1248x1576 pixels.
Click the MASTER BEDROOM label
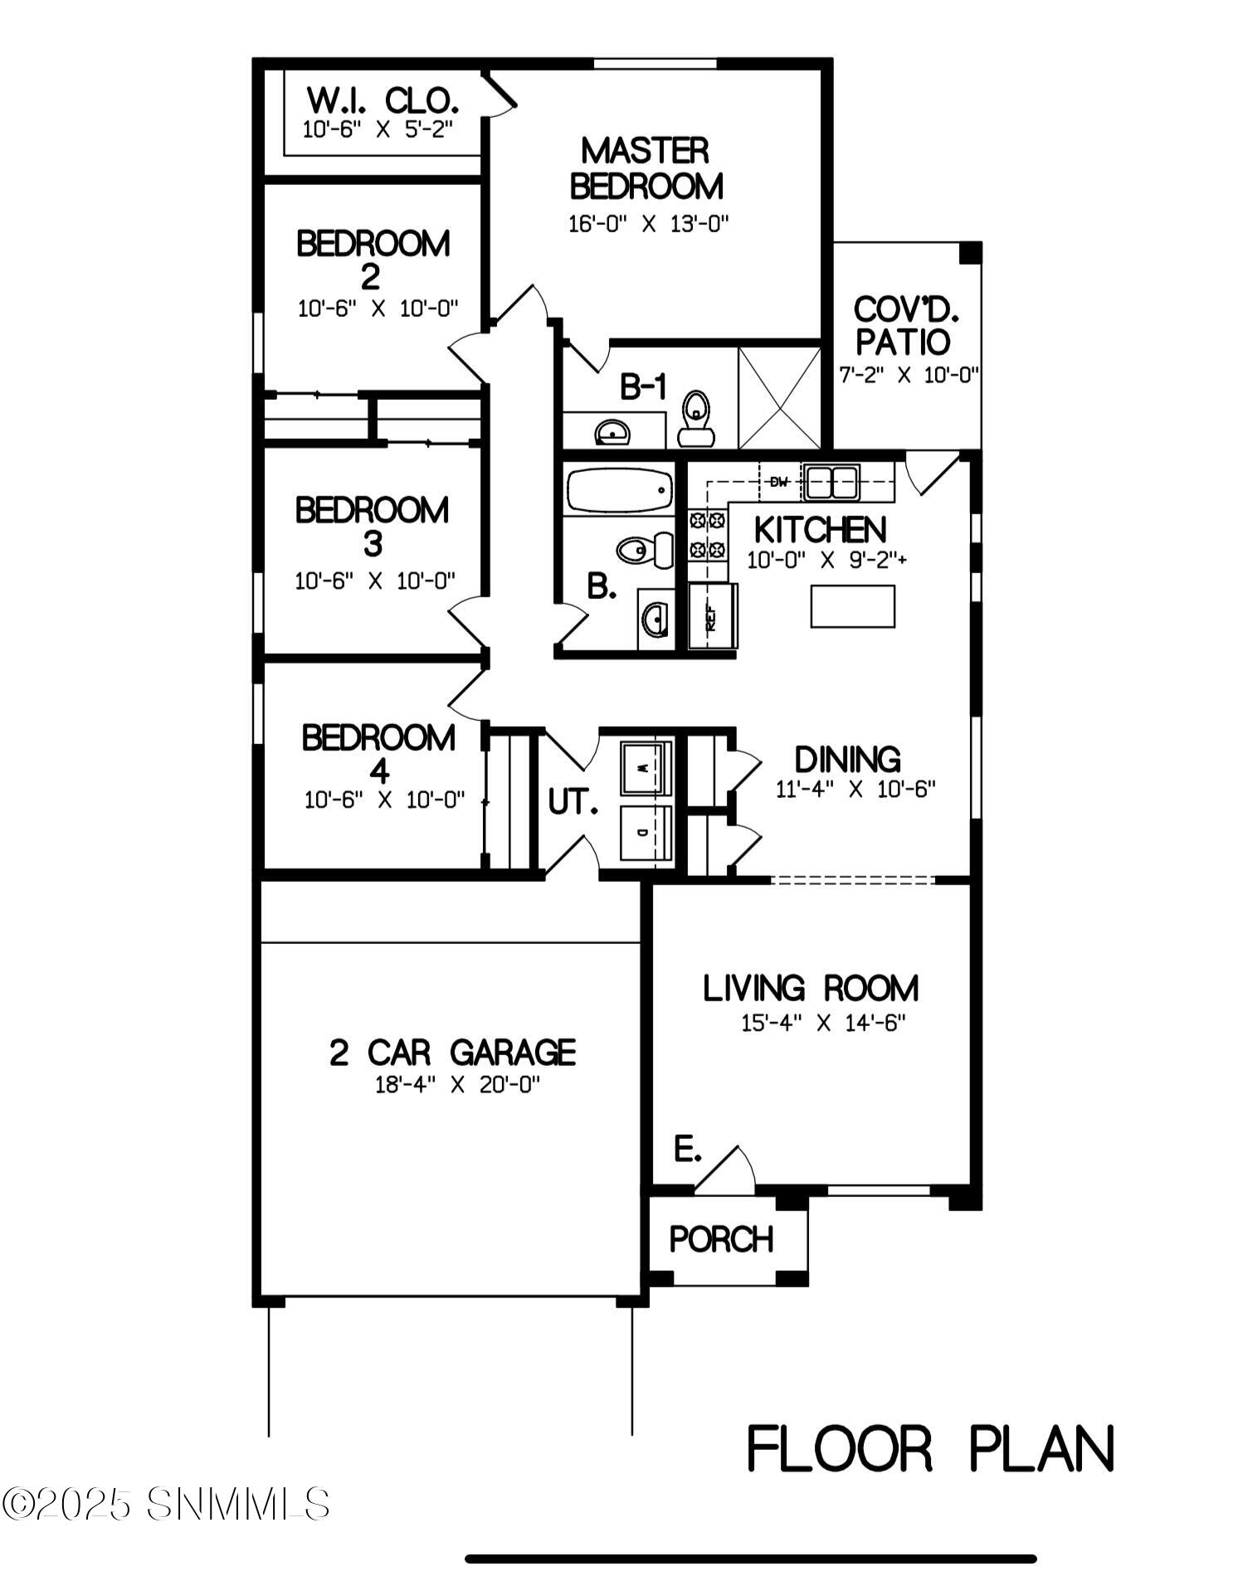coord(646,168)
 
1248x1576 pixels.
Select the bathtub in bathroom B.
coord(619,490)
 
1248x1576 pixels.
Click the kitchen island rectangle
coord(853,606)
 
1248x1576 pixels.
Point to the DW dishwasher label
coord(778,482)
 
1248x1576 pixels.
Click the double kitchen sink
coord(831,483)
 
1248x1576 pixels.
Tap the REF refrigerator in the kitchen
coord(713,615)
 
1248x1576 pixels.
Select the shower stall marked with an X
coord(779,398)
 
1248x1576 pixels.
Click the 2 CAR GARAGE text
coord(453,1053)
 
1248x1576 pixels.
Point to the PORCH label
coord(721,1239)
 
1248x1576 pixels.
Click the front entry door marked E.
coord(724,1171)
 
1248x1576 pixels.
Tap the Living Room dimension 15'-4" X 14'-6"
coord(823,1023)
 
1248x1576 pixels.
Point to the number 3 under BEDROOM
coord(373,545)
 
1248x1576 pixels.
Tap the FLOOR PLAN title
coord(930,1449)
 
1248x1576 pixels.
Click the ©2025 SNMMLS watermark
coord(166,1504)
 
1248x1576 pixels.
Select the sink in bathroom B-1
coord(612,432)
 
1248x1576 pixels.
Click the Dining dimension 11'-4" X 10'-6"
coord(856,789)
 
